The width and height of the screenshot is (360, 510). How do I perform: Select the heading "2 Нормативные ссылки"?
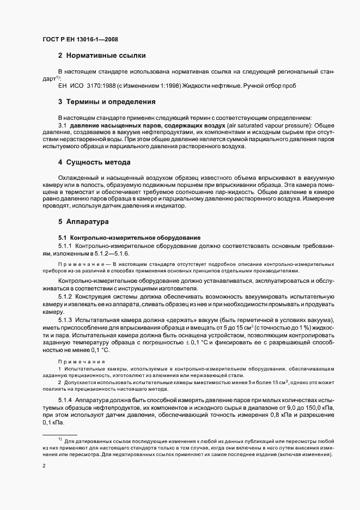pyautogui.click(x=101, y=56)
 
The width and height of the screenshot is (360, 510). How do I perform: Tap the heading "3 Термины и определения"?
pyautogui.click(x=107, y=102)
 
